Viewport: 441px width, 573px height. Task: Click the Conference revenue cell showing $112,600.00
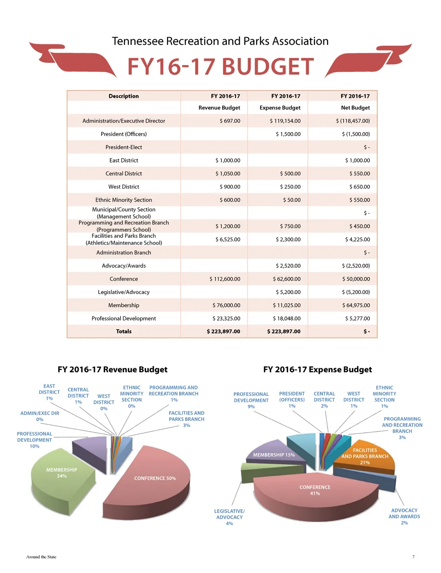tap(225, 279)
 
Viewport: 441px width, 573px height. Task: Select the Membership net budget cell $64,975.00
tap(356, 305)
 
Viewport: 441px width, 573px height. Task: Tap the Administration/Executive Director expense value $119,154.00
tap(285, 121)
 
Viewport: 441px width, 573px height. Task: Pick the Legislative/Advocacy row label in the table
tap(124, 292)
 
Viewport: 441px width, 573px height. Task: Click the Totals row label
tap(124, 331)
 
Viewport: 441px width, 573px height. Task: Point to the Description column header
tap(124, 96)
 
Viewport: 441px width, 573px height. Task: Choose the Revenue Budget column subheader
tap(219, 108)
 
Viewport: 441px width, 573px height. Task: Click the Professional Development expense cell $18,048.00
tap(286, 318)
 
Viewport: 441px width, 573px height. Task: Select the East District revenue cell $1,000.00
tap(228, 160)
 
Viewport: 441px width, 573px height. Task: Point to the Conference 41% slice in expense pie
tap(315, 495)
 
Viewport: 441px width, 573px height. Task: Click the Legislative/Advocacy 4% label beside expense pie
tap(230, 517)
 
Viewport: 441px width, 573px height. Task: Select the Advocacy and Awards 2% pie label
tap(404, 516)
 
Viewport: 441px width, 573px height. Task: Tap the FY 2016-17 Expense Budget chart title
tap(317, 369)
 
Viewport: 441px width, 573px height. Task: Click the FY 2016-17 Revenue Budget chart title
tap(112, 369)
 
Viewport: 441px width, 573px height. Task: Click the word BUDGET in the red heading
tap(267, 67)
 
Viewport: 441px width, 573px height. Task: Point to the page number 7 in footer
tap(413, 557)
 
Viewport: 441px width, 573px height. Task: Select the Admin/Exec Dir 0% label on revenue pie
tap(40, 416)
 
